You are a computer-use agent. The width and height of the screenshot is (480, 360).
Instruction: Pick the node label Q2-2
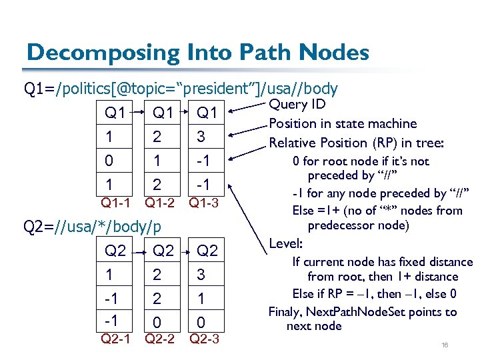[x=160, y=339]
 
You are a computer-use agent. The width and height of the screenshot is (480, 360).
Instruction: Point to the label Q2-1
[x=115, y=339]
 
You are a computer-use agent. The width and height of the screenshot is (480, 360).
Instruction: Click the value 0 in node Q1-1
[x=109, y=161]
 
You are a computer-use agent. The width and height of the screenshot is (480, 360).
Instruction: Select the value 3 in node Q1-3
[x=201, y=137]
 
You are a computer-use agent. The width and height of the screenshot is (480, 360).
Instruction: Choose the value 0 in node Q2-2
[x=156, y=322]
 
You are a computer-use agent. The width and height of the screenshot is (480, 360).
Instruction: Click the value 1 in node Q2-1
[x=109, y=274]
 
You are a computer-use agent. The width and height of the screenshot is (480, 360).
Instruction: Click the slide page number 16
[x=445, y=344]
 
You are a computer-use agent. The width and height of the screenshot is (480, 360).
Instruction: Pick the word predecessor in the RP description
[x=340, y=225]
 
